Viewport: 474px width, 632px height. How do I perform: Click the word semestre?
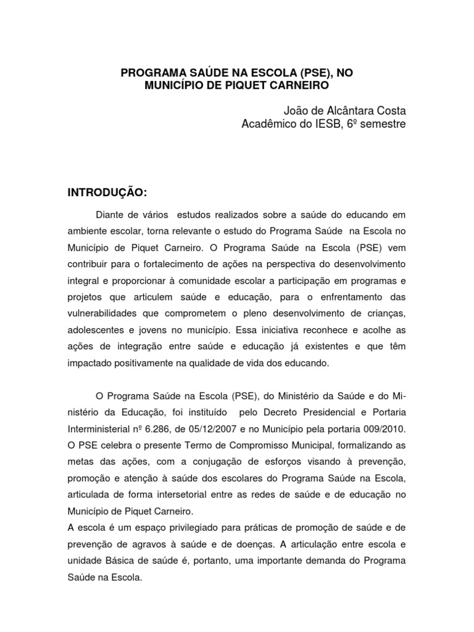382,124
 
